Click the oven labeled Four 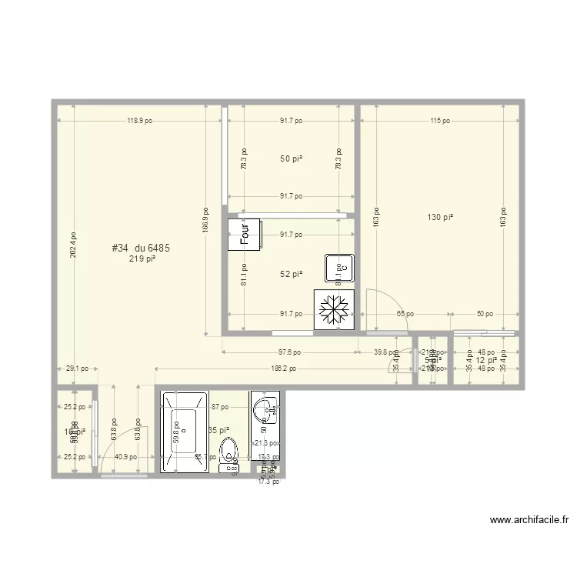coord(245,235)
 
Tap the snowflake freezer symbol coord(333,309)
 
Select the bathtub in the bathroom coord(184,431)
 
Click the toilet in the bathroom coord(228,453)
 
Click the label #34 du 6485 coord(141,248)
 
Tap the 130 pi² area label coord(440,218)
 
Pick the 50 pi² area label coord(290,159)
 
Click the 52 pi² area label coord(290,274)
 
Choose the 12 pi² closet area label coord(485,360)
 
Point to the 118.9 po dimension coord(140,121)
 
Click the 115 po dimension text coord(439,121)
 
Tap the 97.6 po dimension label coord(291,352)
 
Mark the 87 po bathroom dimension coord(219,406)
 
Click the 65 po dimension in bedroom coord(405,314)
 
